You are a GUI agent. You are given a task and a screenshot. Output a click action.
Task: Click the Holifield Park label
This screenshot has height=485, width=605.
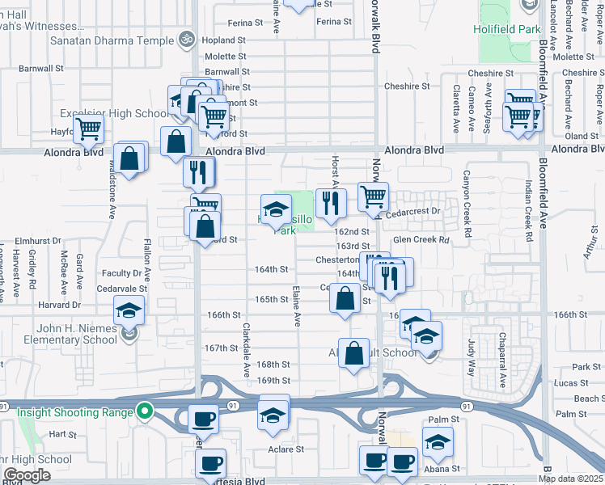[x=508, y=29]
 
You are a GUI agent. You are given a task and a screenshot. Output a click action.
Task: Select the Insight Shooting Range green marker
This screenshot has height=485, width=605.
[x=145, y=411]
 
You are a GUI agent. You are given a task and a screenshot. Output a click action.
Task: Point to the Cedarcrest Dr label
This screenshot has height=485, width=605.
[x=415, y=211]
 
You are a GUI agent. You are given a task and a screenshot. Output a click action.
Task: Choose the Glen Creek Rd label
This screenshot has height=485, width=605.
[x=421, y=240]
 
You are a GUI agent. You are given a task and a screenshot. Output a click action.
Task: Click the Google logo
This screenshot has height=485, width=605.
[x=26, y=474]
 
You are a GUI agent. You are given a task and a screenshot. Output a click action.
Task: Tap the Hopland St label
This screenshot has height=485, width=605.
[x=224, y=40]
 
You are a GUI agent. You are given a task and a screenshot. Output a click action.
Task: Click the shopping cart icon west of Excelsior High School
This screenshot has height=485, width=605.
[x=88, y=128]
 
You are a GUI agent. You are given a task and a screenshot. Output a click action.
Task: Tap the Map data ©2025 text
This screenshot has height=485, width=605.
[x=570, y=479]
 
